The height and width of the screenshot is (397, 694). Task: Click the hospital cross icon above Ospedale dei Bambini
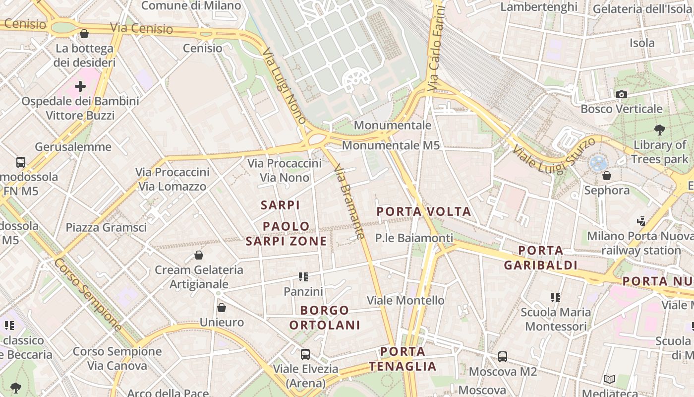pyautogui.click(x=80, y=86)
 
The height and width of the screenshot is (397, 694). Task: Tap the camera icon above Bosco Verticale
pyautogui.click(x=621, y=94)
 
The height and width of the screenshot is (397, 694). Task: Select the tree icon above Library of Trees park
pyautogui.click(x=659, y=130)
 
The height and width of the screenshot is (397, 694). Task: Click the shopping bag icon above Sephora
pyautogui.click(x=606, y=176)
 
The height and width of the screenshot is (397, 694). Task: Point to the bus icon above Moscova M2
pyautogui.click(x=502, y=356)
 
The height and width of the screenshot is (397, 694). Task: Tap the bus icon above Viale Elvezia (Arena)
pyautogui.click(x=305, y=354)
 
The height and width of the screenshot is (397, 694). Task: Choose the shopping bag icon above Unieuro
pyautogui.click(x=222, y=308)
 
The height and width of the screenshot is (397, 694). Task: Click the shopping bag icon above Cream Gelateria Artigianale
pyautogui.click(x=199, y=255)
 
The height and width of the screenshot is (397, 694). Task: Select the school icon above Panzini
pyautogui.click(x=303, y=277)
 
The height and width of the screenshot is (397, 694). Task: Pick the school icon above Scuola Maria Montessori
pyautogui.click(x=555, y=298)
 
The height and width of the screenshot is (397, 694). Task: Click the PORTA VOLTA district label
pyautogui.click(x=424, y=212)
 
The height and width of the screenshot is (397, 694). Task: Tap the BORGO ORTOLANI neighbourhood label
pyautogui.click(x=325, y=318)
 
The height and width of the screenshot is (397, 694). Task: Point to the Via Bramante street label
pyautogui.click(x=350, y=201)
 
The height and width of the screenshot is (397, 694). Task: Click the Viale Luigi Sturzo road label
pyautogui.click(x=553, y=156)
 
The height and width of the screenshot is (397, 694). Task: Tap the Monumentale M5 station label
pyautogui.click(x=391, y=145)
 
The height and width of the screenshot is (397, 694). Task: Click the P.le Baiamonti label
pyautogui.click(x=414, y=238)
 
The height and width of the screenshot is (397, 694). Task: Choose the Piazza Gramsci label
pyautogui.click(x=106, y=228)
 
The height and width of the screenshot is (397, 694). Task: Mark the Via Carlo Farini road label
pyautogui.click(x=435, y=48)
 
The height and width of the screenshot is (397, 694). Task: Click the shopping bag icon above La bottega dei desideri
pyautogui.click(x=84, y=34)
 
